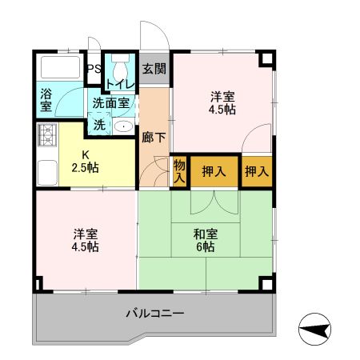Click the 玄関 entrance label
click(x=154, y=69)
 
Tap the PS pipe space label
click(x=94, y=69)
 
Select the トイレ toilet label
click(x=122, y=82)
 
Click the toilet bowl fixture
click(x=121, y=63)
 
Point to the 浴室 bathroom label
click(x=46, y=98)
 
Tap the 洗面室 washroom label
click(x=110, y=102)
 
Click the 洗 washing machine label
click(x=99, y=125)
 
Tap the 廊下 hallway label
click(x=154, y=137)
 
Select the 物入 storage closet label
click(x=179, y=170)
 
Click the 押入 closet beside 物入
click(x=214, y=170)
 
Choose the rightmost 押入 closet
click(x=256, y=170)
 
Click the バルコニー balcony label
click(x=155, y=312)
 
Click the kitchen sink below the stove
click(x=43, y=170)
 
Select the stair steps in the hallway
click(x=154, y=170)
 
